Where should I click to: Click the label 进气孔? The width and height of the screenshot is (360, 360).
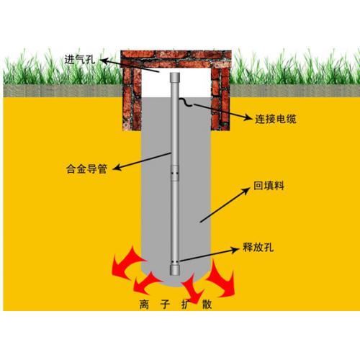tap(80, 59)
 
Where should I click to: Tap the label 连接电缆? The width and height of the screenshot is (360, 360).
tap(276, 119)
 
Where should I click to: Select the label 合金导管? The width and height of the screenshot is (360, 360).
tap(86, 168)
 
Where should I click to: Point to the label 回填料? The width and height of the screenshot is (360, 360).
tap(269, 186)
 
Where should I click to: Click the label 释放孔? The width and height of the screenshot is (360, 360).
tap(258, 247)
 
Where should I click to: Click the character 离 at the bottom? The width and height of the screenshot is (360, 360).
tap(144, 305)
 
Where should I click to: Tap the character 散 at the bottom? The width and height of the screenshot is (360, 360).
tap(207, 305)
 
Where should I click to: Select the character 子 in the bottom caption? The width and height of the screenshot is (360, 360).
tap(165, 305)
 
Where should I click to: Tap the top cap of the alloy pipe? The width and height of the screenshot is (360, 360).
tap(175, 77)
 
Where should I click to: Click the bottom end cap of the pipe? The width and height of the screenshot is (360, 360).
tap(175, 269)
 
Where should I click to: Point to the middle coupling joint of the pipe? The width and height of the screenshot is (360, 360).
tap(175, 174)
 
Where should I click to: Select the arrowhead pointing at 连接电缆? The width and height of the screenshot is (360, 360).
tap(248, 117)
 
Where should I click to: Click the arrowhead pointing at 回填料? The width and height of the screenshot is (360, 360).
tap(246, 192)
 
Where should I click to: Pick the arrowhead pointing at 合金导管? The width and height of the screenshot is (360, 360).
tap(117, 167)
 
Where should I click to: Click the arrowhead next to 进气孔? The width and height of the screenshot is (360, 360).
tap(105, 60)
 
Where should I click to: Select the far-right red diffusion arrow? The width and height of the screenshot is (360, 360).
tap(221, 279)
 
